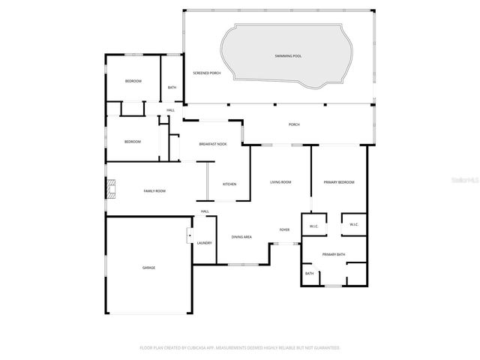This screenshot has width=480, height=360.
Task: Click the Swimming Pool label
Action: point(288,56)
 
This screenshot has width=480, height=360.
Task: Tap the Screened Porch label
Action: point(206,73)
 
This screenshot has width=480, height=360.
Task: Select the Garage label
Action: point(149,267)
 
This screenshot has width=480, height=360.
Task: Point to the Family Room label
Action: point(154,191)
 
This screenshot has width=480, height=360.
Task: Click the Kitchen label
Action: point(229,184)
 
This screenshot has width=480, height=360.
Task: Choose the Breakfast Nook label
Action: point(212,144)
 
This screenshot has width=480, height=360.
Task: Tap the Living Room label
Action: point(280,182)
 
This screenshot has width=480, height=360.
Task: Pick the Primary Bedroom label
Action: point(338,182)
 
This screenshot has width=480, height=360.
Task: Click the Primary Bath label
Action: point(334,255)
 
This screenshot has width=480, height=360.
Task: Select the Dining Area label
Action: point(241,237)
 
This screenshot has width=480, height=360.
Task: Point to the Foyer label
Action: point(285,229)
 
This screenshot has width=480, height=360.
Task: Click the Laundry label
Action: point(204,243)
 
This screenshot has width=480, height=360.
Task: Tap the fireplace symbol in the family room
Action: point(111,188)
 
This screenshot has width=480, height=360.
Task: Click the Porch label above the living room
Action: point(294,124)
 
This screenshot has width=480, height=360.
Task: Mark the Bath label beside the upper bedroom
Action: point(172,88)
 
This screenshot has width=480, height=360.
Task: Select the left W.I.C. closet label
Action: point(314,225)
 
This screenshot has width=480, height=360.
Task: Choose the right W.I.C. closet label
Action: point(353,224)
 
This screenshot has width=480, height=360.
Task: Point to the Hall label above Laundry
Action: point(204,211)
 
